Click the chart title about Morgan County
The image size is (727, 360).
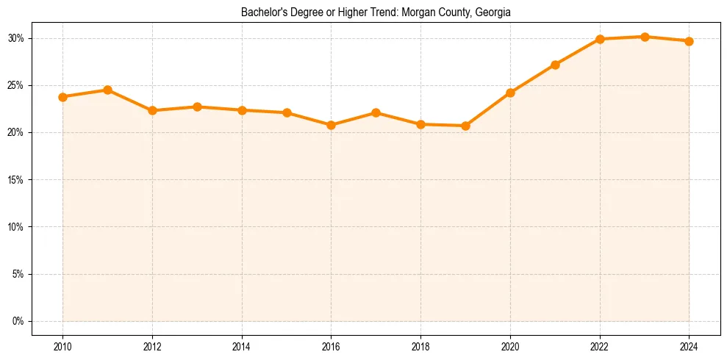pos(376,12)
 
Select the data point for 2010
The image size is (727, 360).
pos(62,97)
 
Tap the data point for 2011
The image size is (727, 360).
pos(107,90)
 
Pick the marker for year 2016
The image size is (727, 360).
pos(331,125)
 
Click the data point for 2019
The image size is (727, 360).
pos(465,126)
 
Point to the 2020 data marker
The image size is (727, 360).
pos(510,93)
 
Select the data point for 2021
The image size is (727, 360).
pos(555,65)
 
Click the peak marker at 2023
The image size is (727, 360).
pos(645,37)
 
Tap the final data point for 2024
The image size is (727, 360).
pos(689,41)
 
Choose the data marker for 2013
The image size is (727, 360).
pos(197,107)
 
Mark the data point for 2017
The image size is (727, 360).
pos(376,112)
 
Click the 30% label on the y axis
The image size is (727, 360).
pos(16,38)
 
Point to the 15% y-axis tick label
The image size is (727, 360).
pos(16,180)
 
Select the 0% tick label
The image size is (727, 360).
pos(18,321)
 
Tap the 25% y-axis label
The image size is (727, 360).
pos(16,85)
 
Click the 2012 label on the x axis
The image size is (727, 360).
pos(152,347)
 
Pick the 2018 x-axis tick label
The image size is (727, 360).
pos(420,347)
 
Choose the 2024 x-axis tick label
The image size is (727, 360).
pos(689,347)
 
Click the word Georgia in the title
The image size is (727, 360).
pos(493,12)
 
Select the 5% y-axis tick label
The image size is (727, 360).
pos(18,274)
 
